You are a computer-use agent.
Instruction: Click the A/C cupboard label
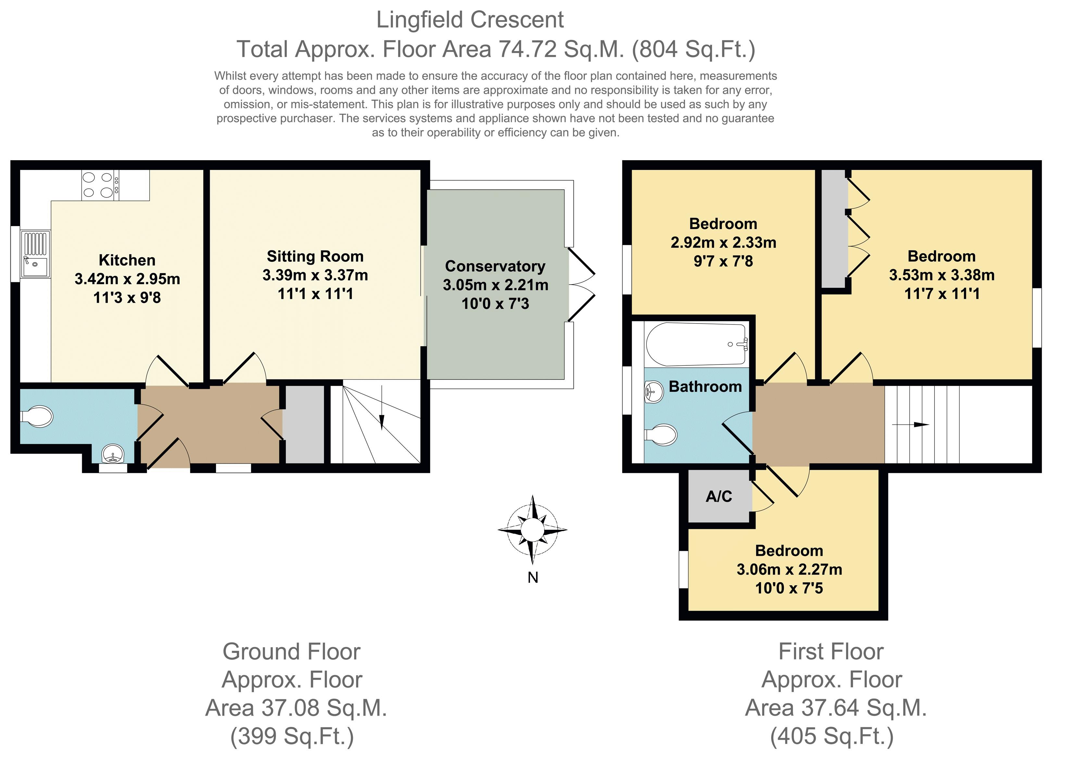pos(719,496)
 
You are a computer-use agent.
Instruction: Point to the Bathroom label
pos(705,386)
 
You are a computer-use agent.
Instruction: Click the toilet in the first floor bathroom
pos(661,435)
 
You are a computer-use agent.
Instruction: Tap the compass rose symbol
pos(532,529)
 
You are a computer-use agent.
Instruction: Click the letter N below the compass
pos(532,578)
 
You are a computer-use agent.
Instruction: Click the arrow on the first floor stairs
pos(910,425)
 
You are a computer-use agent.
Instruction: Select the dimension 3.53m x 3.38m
pos(942,275)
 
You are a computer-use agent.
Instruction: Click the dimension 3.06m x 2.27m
pos(789,569)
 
